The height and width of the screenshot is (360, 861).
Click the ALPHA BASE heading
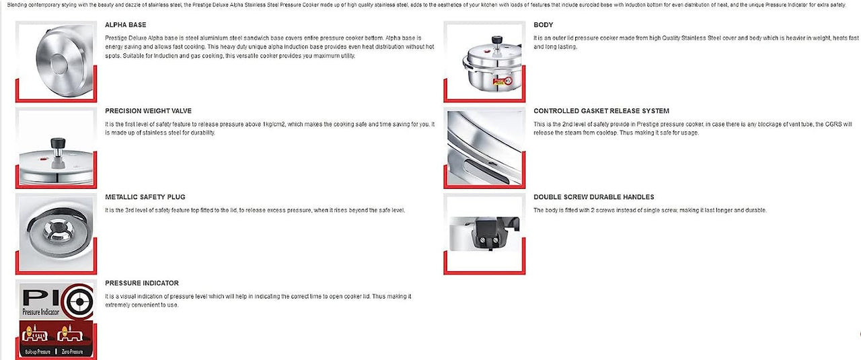tap(126, 25)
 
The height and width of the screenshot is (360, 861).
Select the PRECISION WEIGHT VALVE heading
tap(148, 111)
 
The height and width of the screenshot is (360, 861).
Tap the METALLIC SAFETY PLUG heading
tap(145, 197)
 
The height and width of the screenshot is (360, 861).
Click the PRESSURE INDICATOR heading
tap(142, 283)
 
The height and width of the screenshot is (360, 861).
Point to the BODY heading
tap(544, 25)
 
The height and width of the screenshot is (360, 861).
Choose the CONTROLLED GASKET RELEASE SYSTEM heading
tap(601, 111)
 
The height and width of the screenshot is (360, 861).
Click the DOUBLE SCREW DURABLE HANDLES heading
tap(594, 197)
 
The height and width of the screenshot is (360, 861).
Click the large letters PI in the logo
tap(40, 297)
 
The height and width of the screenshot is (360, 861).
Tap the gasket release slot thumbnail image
tap(484, 148)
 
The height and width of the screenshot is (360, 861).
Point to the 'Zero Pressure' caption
tap(73, 352)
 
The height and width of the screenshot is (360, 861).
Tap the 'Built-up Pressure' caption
tap(39, 352)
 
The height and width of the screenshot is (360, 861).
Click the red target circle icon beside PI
tap(81, 298)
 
